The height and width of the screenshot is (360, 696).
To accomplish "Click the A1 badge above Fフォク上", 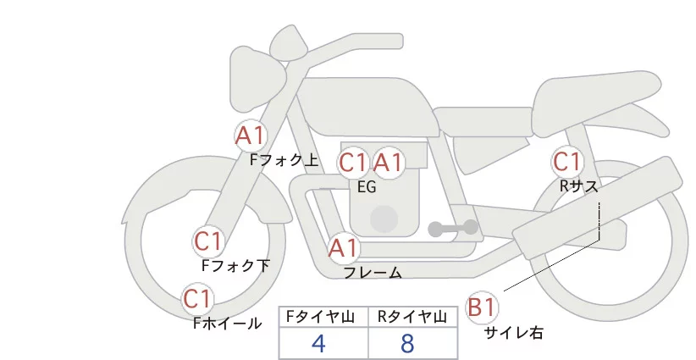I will tap(251, 135).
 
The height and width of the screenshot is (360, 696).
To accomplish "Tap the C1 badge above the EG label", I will tap(353, 163).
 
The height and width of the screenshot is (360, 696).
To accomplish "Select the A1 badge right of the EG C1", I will tap(389, 163).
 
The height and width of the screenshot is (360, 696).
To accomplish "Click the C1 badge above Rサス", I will tap(566, 161).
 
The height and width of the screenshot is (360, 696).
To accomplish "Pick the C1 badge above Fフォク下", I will tap(207, 241).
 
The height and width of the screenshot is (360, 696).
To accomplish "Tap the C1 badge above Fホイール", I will tap(197, 299).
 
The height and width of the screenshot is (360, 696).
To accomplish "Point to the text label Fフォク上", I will tap(284, 158).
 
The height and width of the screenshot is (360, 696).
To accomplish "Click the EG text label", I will tap(367, 187).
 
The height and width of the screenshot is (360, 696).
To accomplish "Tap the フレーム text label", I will tap(373, 273).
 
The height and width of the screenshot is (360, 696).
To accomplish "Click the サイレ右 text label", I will tap(514, 333).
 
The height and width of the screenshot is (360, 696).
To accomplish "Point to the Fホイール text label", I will tap(227, 323).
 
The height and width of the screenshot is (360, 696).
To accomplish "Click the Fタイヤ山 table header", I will tap(324, 317).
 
